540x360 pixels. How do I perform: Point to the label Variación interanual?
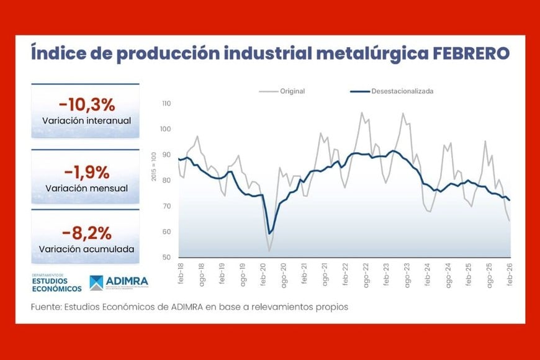tap(86, 120)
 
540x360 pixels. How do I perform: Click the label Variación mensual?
tap(86, 188)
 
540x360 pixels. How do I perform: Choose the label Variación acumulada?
tap(86, 250)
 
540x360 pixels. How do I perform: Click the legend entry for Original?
tap(292, 91)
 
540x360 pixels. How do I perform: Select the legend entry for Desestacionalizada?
tap(402, 91)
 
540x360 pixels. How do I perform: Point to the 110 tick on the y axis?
tap(166, 104)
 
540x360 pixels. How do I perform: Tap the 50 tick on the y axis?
tap(166, 257)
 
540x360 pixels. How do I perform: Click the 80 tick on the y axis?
tap(166, 181)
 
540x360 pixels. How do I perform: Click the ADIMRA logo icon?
tap(97, 283)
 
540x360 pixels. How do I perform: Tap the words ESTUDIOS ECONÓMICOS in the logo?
tap(56, 285)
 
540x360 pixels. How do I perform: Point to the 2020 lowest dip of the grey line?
tap(269, 250)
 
